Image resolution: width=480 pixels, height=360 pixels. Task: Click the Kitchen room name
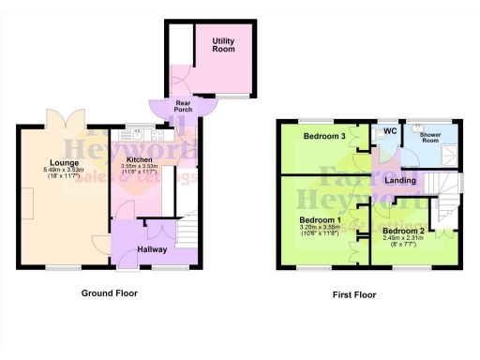[139, 160]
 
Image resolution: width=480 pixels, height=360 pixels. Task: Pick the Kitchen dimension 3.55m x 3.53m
[139, 169]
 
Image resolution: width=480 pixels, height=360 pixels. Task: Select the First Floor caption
[353, 294]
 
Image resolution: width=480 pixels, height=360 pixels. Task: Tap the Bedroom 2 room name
[404, 231]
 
